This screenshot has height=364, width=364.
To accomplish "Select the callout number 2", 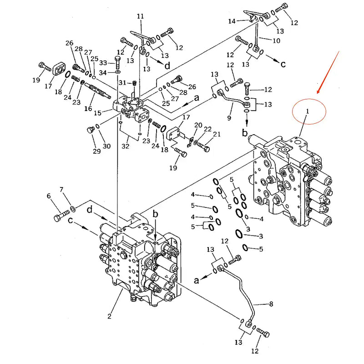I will (109, 316).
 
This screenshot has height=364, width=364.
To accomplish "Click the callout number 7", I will (61, 189).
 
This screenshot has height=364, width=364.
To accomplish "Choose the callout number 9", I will (229, 118).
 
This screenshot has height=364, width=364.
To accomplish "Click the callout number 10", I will (276, 40).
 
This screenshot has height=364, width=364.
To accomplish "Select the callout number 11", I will (140, 16).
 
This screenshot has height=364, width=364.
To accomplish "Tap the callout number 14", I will (232, 21).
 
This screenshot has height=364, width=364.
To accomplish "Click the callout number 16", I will (88, 109).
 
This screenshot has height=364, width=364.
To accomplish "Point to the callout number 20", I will (198, 125).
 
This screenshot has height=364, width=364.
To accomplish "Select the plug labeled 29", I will (91, 131).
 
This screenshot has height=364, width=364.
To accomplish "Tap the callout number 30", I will (107, 146).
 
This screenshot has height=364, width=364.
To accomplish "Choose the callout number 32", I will (125, 147).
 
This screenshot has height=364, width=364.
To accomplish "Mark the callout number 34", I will (103, 73).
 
